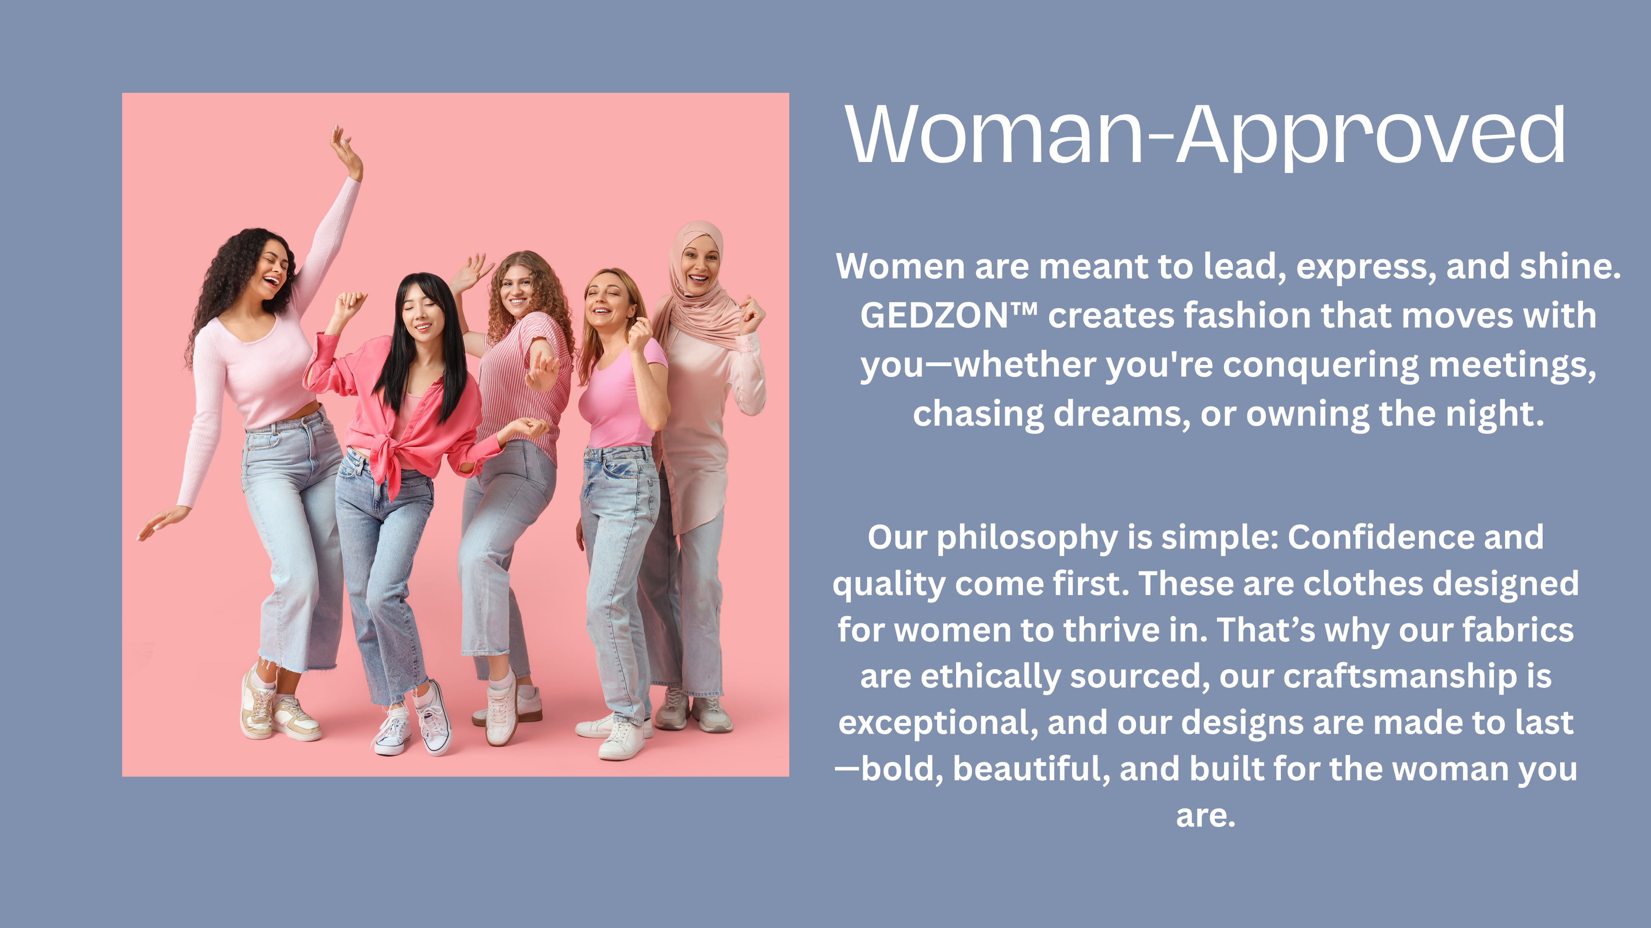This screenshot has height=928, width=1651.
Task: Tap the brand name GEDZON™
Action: [x=948, y=315]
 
